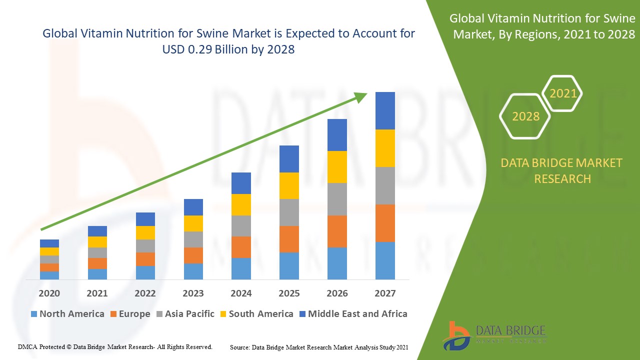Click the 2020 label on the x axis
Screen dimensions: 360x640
click(x=49, y=293)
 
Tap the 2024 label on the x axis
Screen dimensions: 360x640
click(x=241, y=293)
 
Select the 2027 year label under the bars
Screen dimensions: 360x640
click(x=385, y=293)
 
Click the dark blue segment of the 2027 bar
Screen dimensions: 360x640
click(x=385, y=110)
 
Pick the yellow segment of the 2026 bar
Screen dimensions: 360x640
click(x=337, y=166)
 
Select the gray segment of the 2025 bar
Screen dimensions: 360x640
click(x=289, y=212)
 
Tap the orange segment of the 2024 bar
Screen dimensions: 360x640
click(x=241, y=247)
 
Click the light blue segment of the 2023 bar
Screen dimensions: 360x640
click(x=193, y=271)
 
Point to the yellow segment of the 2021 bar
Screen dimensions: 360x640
click(x=97, y=242)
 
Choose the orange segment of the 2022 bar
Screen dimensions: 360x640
click(x=145, y=259)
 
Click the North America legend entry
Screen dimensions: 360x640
click(x=67, y=314)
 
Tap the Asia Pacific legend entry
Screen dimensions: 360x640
click(x=185, y=314)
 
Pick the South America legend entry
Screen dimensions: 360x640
click(x=256, y=314)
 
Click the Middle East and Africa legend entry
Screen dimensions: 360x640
click(x=352, y=314)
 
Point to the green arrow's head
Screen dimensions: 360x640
click(x=361, y=96)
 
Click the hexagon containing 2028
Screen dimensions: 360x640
click(x=525, y=116)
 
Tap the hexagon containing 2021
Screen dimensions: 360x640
click(x=563, y=93)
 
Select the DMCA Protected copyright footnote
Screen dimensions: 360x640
click(x=115, y=346)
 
